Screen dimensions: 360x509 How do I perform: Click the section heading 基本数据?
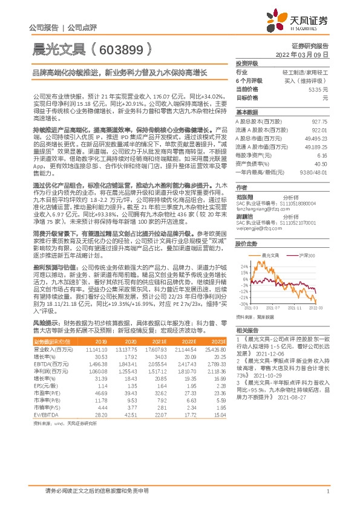(246, 112)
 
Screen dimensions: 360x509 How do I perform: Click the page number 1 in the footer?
(327, 491)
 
